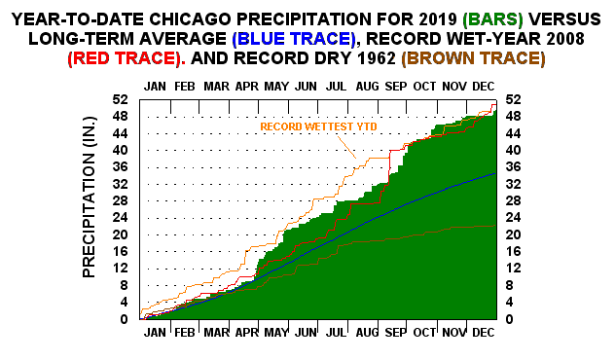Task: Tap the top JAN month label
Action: tap(155, 87)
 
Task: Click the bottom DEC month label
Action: tap(483, 332)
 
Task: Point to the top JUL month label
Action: tap(335, 87)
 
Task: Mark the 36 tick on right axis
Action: tap(512, 167)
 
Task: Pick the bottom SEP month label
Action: tap(394, 332)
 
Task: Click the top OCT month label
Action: tap(424, 87)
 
